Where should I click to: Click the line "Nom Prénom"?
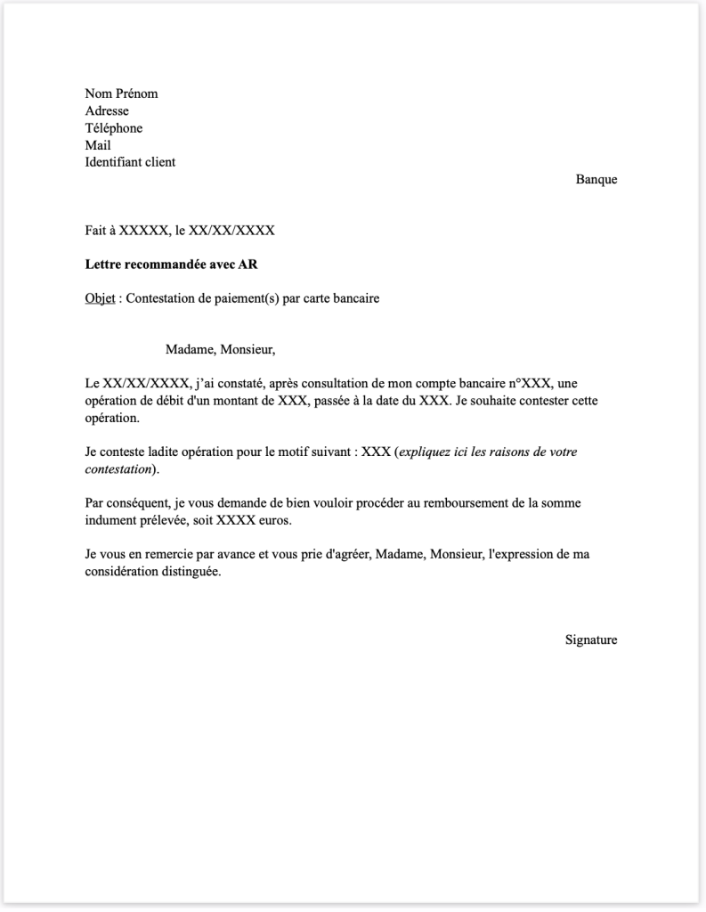(121, 94)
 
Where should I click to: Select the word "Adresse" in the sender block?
(107, 110)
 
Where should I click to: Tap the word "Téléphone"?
(113, 127)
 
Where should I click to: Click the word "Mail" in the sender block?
(98, 145)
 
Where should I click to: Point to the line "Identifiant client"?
(130, 162)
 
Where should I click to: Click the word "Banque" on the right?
(596, 179)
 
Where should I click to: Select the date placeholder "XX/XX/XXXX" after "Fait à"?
(231, 231)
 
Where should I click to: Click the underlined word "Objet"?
(100, 298)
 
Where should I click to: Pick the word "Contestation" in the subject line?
(161, 298)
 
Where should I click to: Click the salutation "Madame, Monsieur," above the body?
(220, 349)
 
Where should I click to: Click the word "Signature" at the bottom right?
(590, 639)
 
